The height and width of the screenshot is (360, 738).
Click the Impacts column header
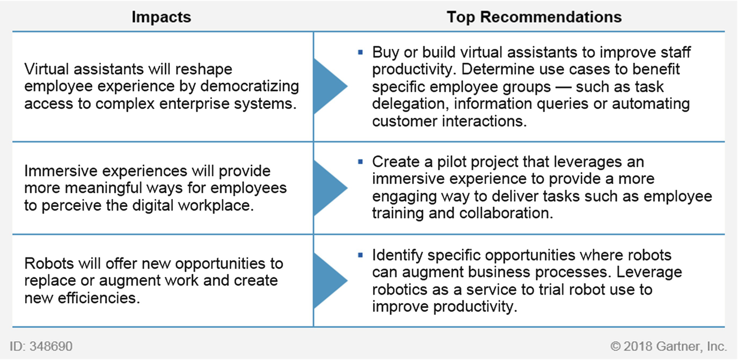click(x=162, y=17)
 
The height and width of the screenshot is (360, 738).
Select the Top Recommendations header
click(x=534, y=17)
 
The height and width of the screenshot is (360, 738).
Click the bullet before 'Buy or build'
click(x=361, y=52)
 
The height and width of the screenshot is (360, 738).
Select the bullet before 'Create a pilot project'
click(x=361, y=161)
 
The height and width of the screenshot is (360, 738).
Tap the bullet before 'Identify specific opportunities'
click(x=361, y=255)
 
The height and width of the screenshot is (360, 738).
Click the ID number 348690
click(x=51, y=346)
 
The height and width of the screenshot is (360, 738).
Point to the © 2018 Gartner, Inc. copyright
click(x=668, y=346)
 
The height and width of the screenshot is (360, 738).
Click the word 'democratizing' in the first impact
click(x=250, y=86)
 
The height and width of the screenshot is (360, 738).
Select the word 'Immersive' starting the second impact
click(x=61, y=171)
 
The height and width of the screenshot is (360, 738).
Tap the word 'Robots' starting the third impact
click(x=49, y=263)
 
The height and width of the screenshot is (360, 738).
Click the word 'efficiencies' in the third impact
click(x=99, y=298)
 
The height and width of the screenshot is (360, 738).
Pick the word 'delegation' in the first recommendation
click(x=411, y=104)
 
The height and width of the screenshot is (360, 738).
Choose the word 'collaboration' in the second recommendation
click(x=506, y=214)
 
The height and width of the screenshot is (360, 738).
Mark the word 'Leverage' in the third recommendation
click(x=649, y=273)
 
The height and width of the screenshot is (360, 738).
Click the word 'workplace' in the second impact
click(x=216, y=206)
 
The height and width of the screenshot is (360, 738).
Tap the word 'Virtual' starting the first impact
click(x=47, y=69)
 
